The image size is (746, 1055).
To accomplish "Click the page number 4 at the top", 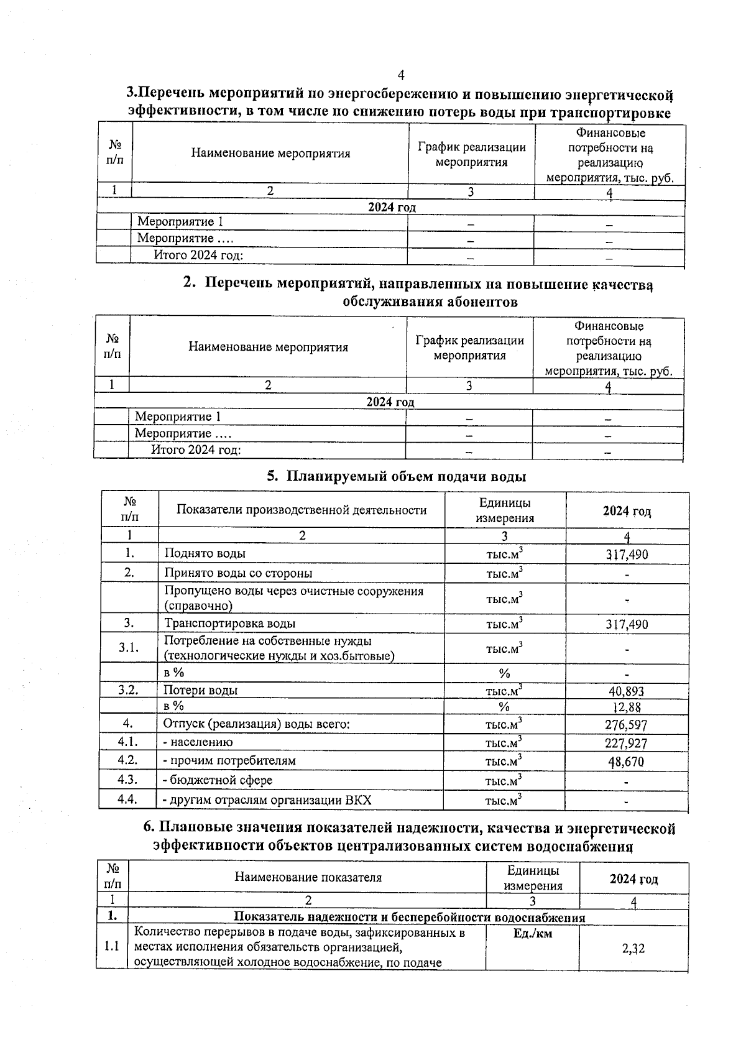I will pyautogui.click(x=401, y=75).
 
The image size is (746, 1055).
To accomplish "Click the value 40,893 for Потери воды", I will pyautogui.click(x=626, y=691).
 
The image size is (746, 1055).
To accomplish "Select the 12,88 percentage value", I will pyautogui.click(x=627, y=707).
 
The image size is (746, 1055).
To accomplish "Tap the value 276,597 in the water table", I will pyautogui.click(x=626, y=725).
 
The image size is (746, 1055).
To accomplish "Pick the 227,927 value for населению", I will pyautogui.click(x=626, y=744).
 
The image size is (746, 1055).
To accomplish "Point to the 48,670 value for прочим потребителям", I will pyautogui.click(x=626, y=762).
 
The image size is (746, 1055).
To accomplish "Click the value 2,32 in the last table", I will pyautogui.click(x=633, y=949).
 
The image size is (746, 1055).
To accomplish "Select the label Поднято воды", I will pyautogui.click(x=205, y=553).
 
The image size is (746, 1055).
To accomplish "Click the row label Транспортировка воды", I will pyautogui.click(x=229, y=624).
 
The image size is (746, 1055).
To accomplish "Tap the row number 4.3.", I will pyautogui.click(x=127, y=780).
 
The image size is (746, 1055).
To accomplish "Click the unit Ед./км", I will pyautogui.click(x=533, y=934).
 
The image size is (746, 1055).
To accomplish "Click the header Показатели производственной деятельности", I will pyautogui.click(x=302, y=510).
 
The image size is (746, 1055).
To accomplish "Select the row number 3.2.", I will pyautogui.click(x=128, y=689).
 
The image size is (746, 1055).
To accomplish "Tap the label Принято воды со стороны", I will pyautogui.click(x=238, y=573).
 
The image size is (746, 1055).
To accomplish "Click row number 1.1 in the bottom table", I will pyautogui.click(x=112, y=947).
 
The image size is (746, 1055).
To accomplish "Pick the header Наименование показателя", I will pyautogui.click(x=308, y=877).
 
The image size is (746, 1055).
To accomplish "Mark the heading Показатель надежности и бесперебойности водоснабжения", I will pyautogui.click(x=409, y=918).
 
